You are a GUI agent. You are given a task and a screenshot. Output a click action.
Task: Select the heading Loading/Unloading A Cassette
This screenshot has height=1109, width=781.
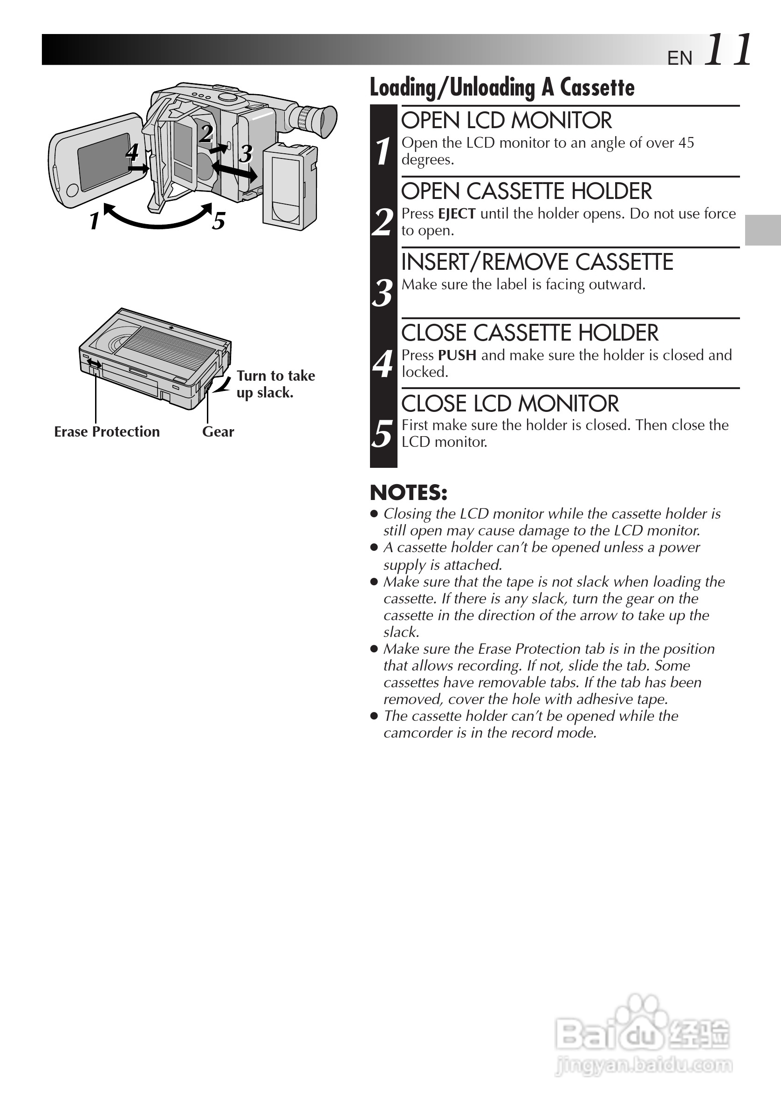(502, 88)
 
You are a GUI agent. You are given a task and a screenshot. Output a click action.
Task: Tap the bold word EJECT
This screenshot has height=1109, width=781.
(456, 213)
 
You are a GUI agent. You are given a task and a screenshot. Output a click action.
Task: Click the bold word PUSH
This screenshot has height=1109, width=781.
(457, 355)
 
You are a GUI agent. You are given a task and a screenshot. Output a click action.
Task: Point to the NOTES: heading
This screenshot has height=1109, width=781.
(408, 493)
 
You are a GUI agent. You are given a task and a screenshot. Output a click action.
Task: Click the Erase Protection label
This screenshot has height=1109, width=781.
(107, 431)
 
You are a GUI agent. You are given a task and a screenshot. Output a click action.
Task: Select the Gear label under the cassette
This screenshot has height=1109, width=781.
(218, 431)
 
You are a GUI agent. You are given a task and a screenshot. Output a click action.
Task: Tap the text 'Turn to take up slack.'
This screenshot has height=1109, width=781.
(275, 384)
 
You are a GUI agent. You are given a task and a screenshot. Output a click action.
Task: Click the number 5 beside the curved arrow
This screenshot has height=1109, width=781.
(219, 221)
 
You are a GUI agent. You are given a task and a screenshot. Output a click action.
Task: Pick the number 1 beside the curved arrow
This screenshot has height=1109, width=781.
(95, 221)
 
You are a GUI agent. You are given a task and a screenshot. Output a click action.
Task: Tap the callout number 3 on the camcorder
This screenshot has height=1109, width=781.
(246, 154)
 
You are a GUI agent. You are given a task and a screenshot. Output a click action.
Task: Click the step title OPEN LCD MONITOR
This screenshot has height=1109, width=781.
(506, 121)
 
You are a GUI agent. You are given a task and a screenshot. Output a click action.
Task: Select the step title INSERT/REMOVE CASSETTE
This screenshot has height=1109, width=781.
(537, 262)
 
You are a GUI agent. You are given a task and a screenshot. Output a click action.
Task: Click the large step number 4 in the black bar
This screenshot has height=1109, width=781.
(383, 364)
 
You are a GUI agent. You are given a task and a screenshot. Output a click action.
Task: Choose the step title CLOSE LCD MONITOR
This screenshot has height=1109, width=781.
(509, 404)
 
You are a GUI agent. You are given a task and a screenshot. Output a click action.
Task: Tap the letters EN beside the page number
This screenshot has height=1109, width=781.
(679, 58)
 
